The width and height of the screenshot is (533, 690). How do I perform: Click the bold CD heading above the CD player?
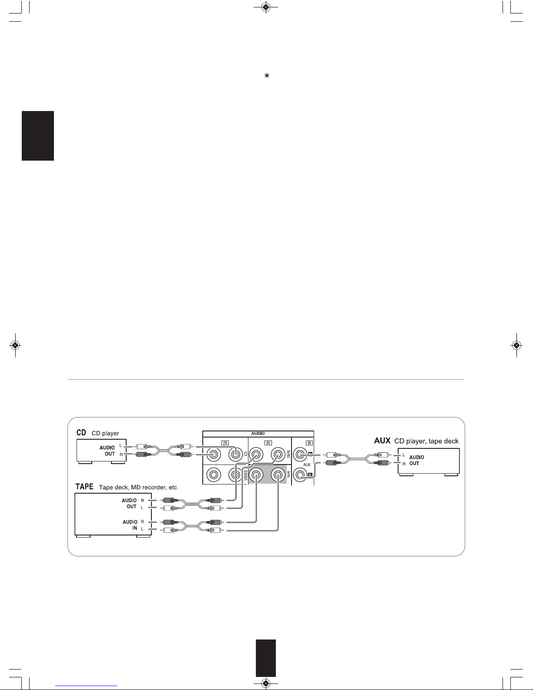click(81, 432)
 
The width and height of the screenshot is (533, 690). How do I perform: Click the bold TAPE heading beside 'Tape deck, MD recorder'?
click(84, 487)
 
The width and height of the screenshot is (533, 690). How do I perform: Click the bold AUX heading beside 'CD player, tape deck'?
click(382, 441)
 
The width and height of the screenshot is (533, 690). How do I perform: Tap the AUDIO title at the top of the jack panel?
click(258, 434)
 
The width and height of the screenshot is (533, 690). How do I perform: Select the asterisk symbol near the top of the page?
click(267, 76)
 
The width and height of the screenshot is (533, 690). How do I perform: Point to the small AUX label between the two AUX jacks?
click(307, 464)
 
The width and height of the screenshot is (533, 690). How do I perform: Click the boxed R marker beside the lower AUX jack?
click(310, 475)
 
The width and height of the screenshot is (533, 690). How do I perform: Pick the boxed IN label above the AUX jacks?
click(309, 443)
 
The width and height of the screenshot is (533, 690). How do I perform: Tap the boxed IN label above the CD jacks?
click(225, 443)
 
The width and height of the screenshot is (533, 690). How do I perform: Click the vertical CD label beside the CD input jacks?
click(245, 454)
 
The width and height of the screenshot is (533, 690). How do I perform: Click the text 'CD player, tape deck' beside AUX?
click(426, 441)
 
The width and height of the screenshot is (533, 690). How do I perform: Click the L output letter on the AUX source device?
click(404, 455)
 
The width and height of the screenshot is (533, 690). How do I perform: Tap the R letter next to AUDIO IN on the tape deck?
click(142, 522)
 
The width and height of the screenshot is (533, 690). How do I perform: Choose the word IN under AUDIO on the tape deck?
click(134, 528)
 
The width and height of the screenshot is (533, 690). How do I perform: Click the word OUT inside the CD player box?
click(110, 454)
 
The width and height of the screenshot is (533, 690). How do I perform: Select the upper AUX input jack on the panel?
click(300, 454)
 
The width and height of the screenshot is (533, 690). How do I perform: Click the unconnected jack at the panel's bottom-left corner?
click(214, 475)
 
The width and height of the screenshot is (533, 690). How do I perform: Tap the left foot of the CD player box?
click(85, 462)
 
